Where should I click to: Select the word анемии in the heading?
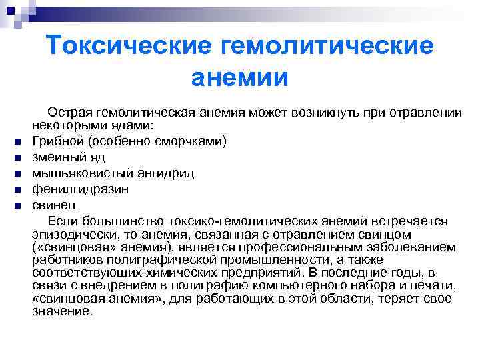tap(240, 77)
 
